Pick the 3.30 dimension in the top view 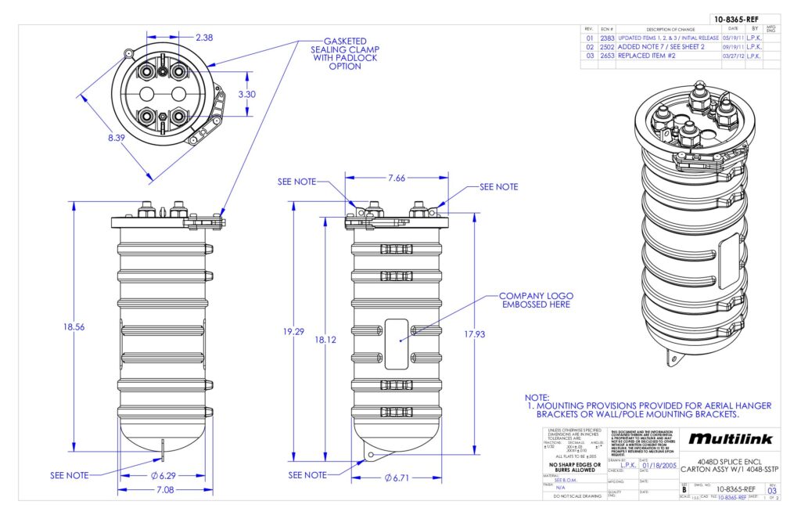(248, 94)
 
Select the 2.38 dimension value (204, 37)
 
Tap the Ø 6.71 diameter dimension (398, 478)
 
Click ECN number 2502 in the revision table (607, 47)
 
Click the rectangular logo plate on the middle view (400, 344)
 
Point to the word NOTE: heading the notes (537, 398)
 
